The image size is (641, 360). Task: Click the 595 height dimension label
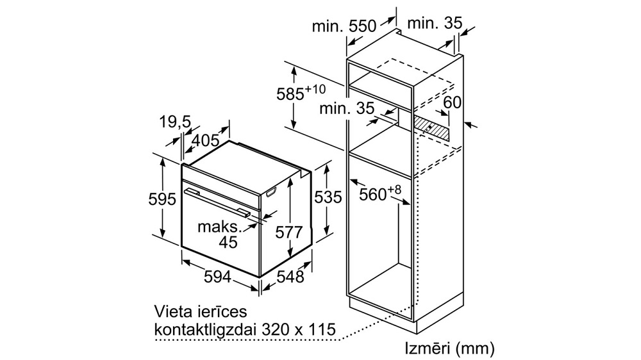click(162, 199)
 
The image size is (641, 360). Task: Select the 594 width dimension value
click(217, 277)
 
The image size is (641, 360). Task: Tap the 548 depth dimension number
click(290, 277)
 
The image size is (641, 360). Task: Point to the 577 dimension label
click(289, 233)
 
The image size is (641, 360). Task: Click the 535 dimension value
click(328, 197)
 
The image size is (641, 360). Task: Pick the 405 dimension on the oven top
click(205, 140)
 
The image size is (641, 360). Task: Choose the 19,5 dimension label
click(176, 121)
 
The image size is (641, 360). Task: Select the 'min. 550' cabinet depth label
click(344, 26)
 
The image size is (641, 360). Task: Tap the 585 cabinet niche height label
click(301, 92)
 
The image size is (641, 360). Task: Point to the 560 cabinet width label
click(380, 193)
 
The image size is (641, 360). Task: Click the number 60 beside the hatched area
click(452, 102)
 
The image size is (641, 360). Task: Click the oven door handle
click(217, 201)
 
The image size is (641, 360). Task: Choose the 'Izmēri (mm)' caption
click(450, 348)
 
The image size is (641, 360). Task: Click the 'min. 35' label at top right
click(435, 23)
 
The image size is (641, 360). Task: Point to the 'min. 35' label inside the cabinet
click(347, 108)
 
